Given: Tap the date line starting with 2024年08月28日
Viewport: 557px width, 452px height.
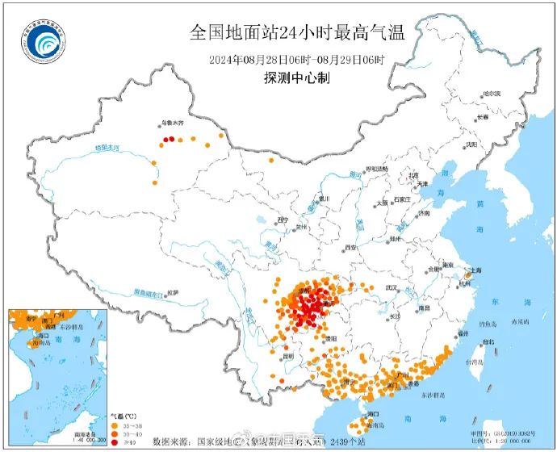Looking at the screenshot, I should point(297,60).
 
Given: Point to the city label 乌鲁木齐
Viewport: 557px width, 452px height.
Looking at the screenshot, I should point(171,123).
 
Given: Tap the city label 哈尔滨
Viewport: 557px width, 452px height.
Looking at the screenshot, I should point(491,94).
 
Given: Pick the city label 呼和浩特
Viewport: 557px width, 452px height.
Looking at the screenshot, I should point(376,169).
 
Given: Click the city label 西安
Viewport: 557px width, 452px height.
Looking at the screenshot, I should point(350,247).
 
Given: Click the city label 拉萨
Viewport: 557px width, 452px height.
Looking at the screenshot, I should point(172,291).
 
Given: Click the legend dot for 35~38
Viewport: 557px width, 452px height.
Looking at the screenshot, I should point(113,426).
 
